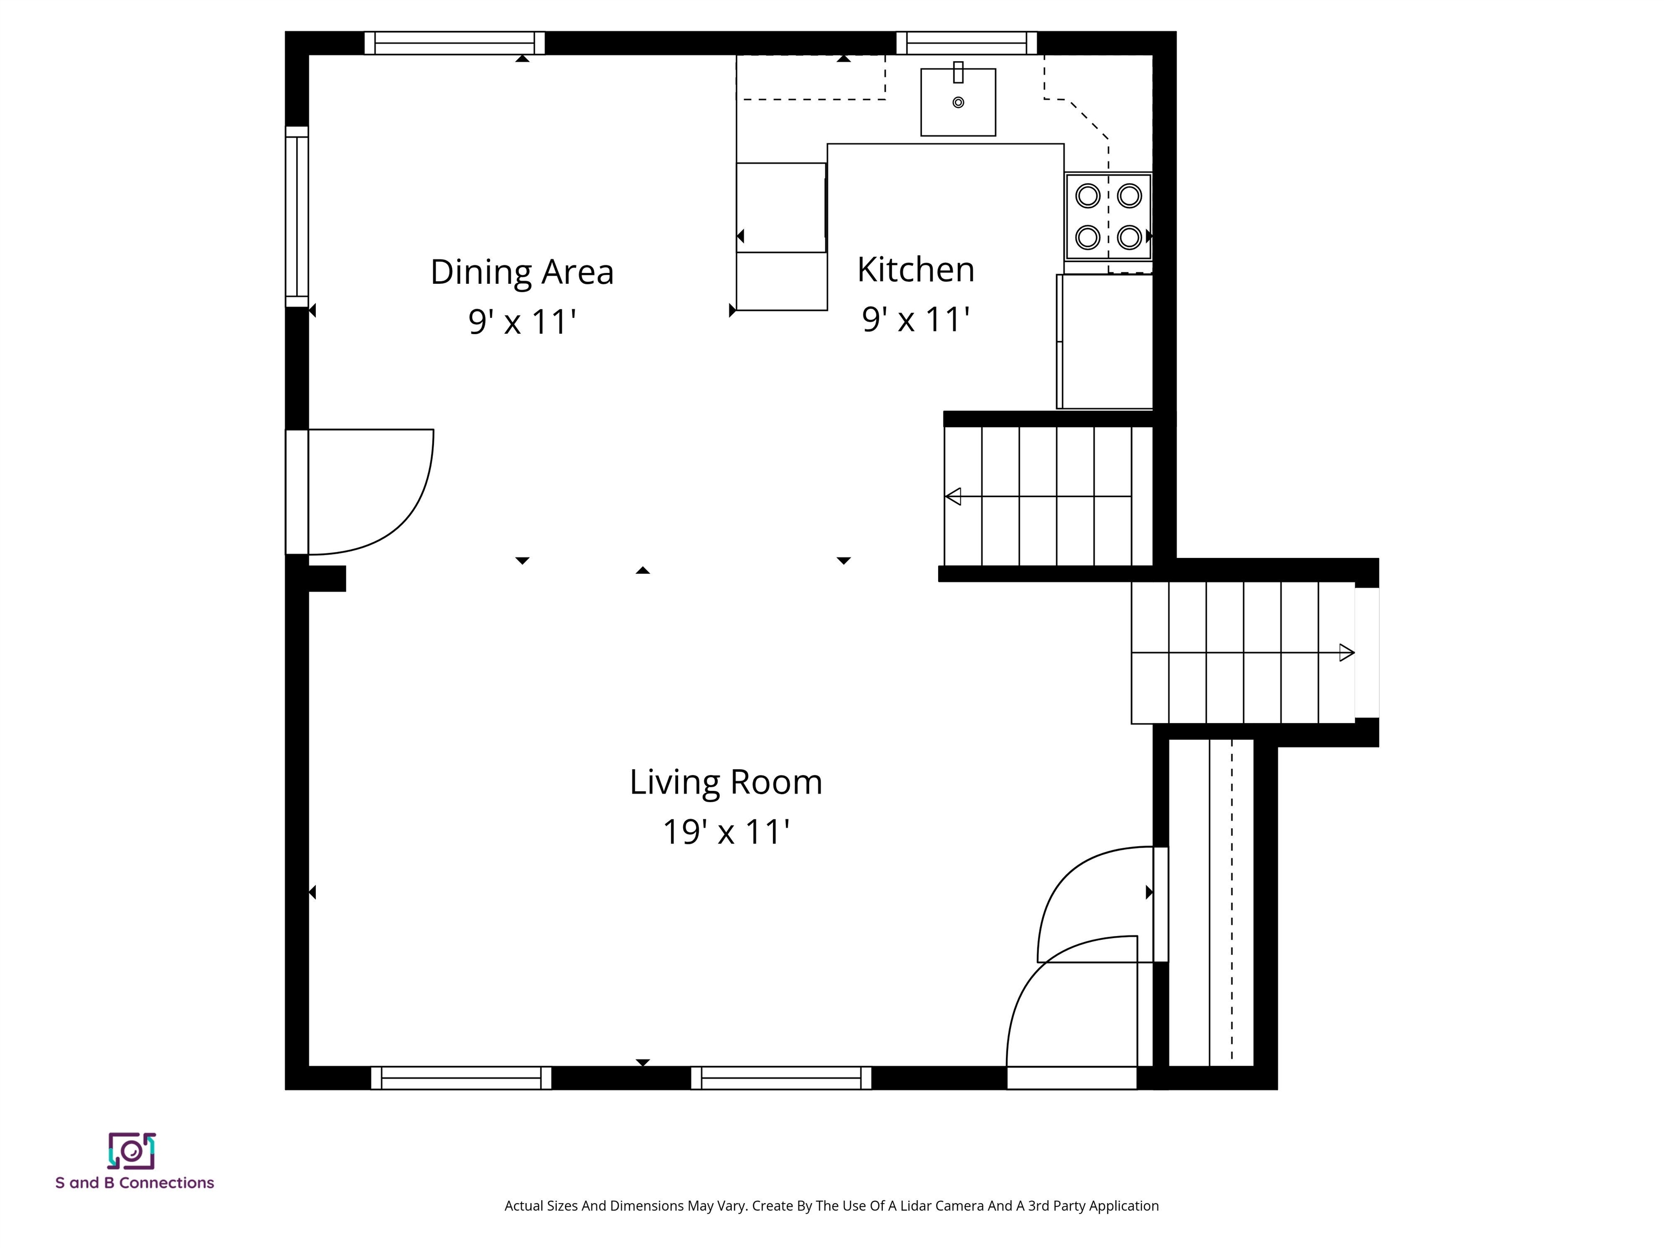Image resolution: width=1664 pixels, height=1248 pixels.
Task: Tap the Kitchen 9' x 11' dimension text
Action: (915, 319)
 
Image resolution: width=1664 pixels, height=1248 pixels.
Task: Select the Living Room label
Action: (725, 782)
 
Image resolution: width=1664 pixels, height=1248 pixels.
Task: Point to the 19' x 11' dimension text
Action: (725, 831)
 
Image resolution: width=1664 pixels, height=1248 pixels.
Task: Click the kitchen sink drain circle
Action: (958, 102)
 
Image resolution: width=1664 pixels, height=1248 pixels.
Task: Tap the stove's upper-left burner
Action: (1087, 196)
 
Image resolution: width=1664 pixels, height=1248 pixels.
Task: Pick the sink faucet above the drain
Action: (958, 72)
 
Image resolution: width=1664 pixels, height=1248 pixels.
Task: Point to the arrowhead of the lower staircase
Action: (1347, 652)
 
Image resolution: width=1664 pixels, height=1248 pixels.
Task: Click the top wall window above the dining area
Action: (454, 43)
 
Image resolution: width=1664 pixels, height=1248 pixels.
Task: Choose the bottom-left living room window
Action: (460, 1077)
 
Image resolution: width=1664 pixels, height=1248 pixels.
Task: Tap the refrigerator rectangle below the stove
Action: (1104, 342)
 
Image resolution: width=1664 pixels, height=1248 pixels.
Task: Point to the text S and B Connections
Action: (135, 1182)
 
